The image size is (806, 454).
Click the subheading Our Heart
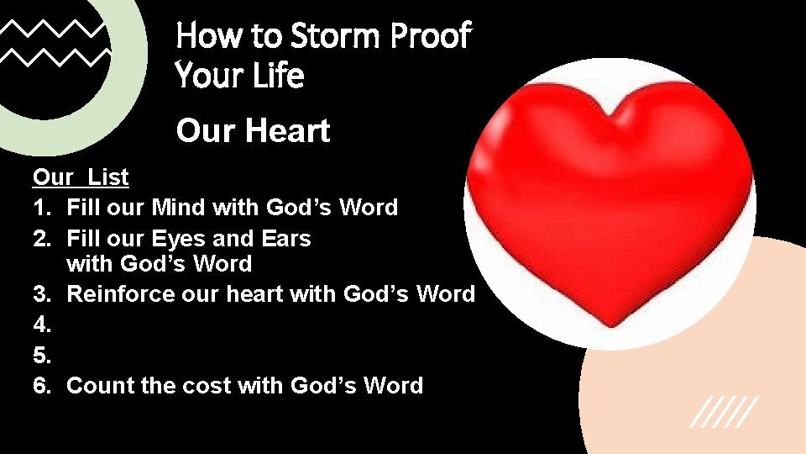point(253,131)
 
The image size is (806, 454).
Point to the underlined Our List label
point(81,177)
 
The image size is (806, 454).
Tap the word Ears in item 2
point(285,238)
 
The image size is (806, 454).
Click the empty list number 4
point(43,325)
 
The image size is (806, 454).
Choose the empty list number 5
point(43,355)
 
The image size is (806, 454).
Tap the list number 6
point(43,385)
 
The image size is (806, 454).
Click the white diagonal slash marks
point(724,411)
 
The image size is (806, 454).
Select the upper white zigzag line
point(54,32)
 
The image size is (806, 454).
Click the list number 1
point(43,207)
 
